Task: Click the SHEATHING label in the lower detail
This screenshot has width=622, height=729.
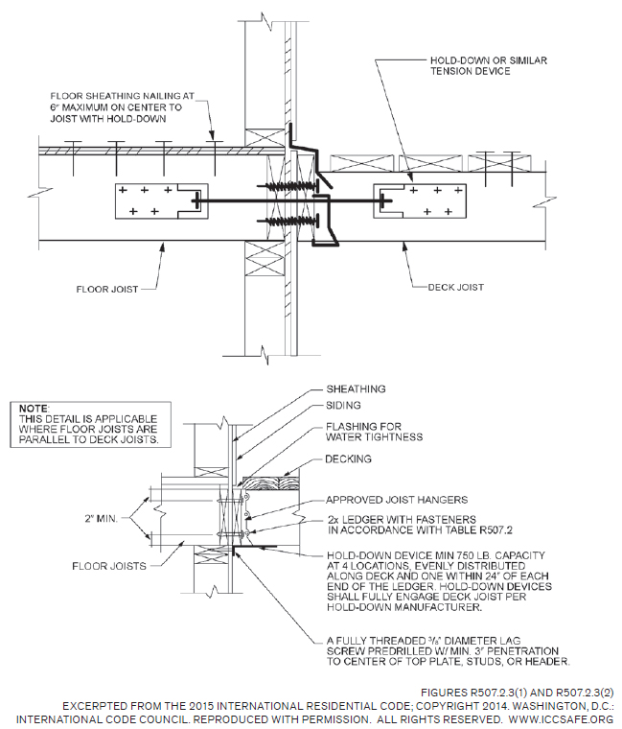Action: pyautogui.click(x=356, y=388)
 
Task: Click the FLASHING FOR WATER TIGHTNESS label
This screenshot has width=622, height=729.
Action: pyautogui.click(x=377, y=431)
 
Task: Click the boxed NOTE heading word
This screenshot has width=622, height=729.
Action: pyautogui.click(x=35, y=409)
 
